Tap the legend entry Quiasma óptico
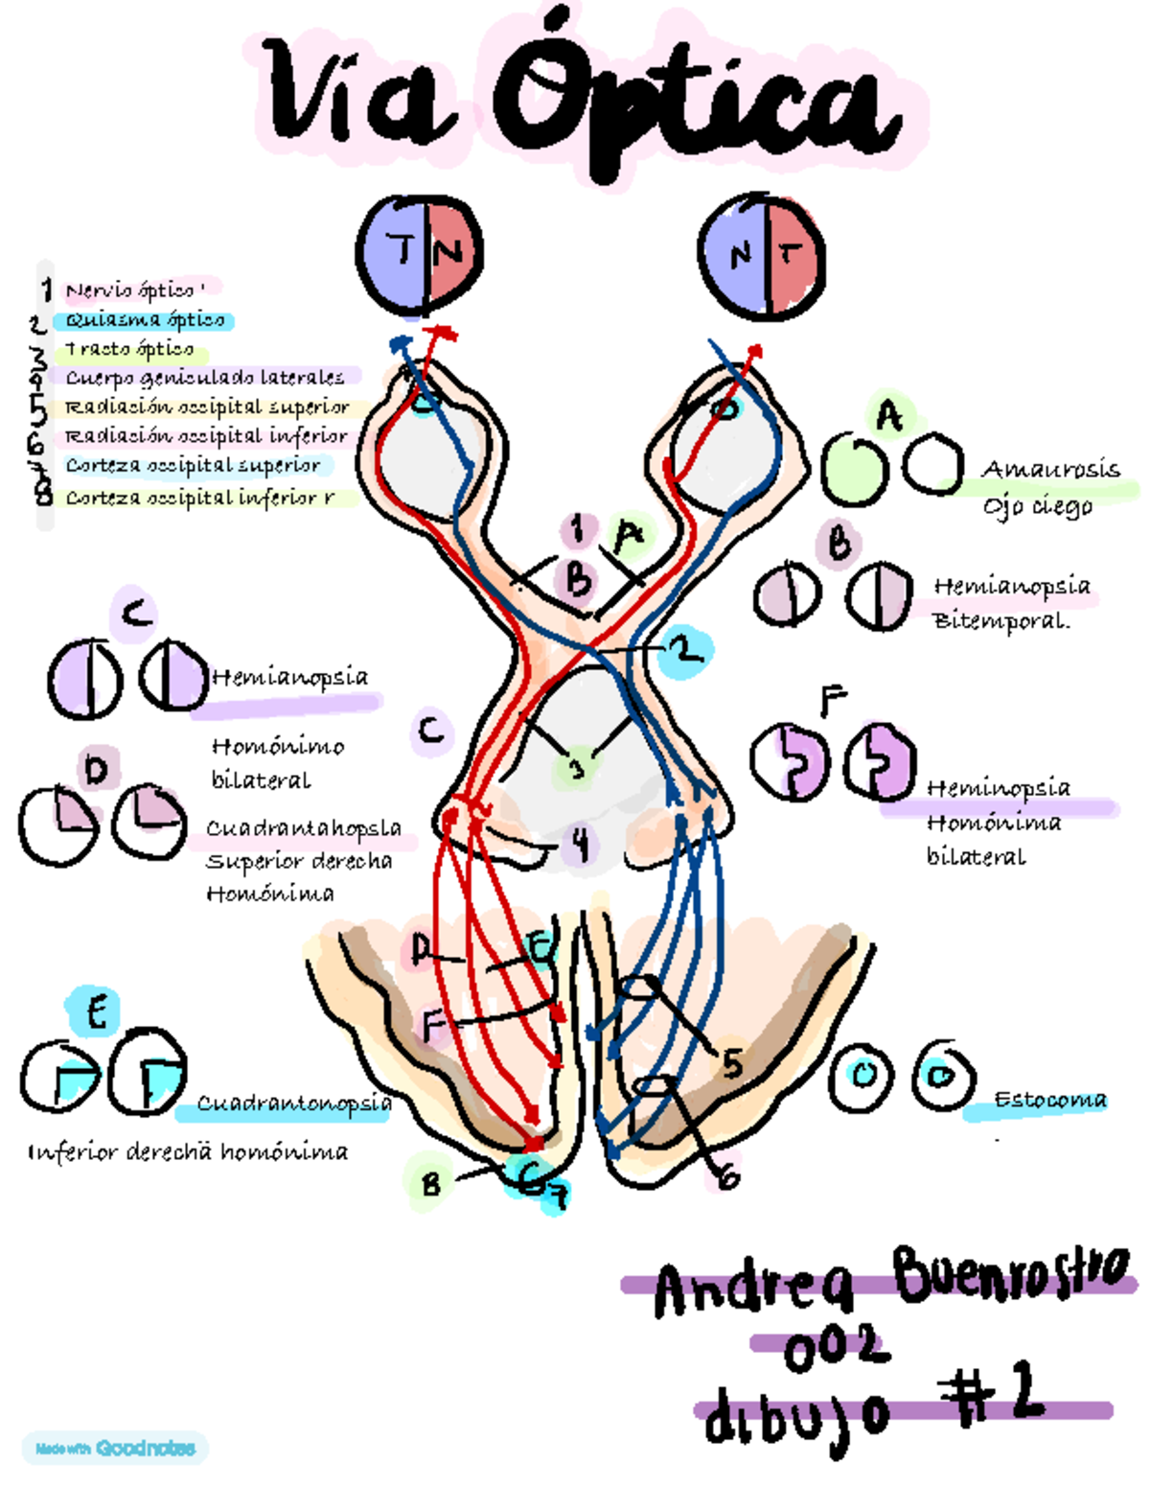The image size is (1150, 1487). [145, 320]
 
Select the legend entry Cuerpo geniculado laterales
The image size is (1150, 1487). [204, 377]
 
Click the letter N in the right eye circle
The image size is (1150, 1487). [740, 255]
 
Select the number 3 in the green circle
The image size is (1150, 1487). [576, 768]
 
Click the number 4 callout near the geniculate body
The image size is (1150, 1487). [580, 846]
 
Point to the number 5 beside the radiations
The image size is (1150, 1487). [732, 1063]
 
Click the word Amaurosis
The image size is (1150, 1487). [1050, 470]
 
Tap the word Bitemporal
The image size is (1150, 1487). [1000, 621]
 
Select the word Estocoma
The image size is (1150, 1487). [1049, 1100]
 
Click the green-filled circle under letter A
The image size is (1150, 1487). [853, 468]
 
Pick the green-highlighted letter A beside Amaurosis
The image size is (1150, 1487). [890, 416]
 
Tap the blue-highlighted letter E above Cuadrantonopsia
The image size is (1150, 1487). [96, 1012]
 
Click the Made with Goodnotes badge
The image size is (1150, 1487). [115, 1448]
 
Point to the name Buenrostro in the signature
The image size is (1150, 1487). [1011, 1272]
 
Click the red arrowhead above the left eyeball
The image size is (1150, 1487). [444, 334]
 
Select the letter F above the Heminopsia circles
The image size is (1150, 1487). [832, 702]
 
